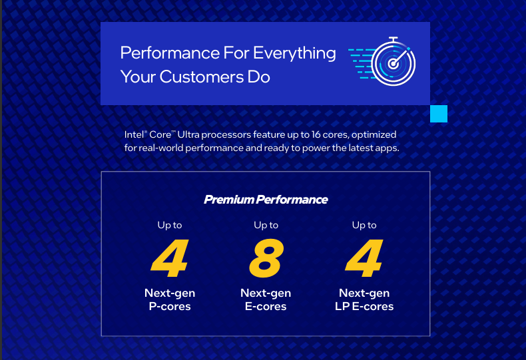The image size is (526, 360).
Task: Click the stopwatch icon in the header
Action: coord(392,64)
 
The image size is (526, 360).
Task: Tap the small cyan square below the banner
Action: coord(439,114)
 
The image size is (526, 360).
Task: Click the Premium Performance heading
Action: coord(266,199)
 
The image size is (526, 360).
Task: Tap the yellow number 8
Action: coord(266,259)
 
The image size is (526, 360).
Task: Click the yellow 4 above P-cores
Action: coord(170,259)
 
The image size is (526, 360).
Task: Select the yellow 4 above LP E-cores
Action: coord(364,259)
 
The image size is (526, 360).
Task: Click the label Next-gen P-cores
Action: coord(170,299)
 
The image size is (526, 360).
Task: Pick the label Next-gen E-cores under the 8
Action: coord(266,299)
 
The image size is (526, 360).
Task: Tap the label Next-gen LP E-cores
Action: coord(364,299)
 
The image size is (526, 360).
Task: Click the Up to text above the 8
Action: coord(266,225)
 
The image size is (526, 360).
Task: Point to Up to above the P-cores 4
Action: coord(170,225)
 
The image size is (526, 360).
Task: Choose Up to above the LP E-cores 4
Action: coord(364,225)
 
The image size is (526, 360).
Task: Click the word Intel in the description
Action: coord(134,134)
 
